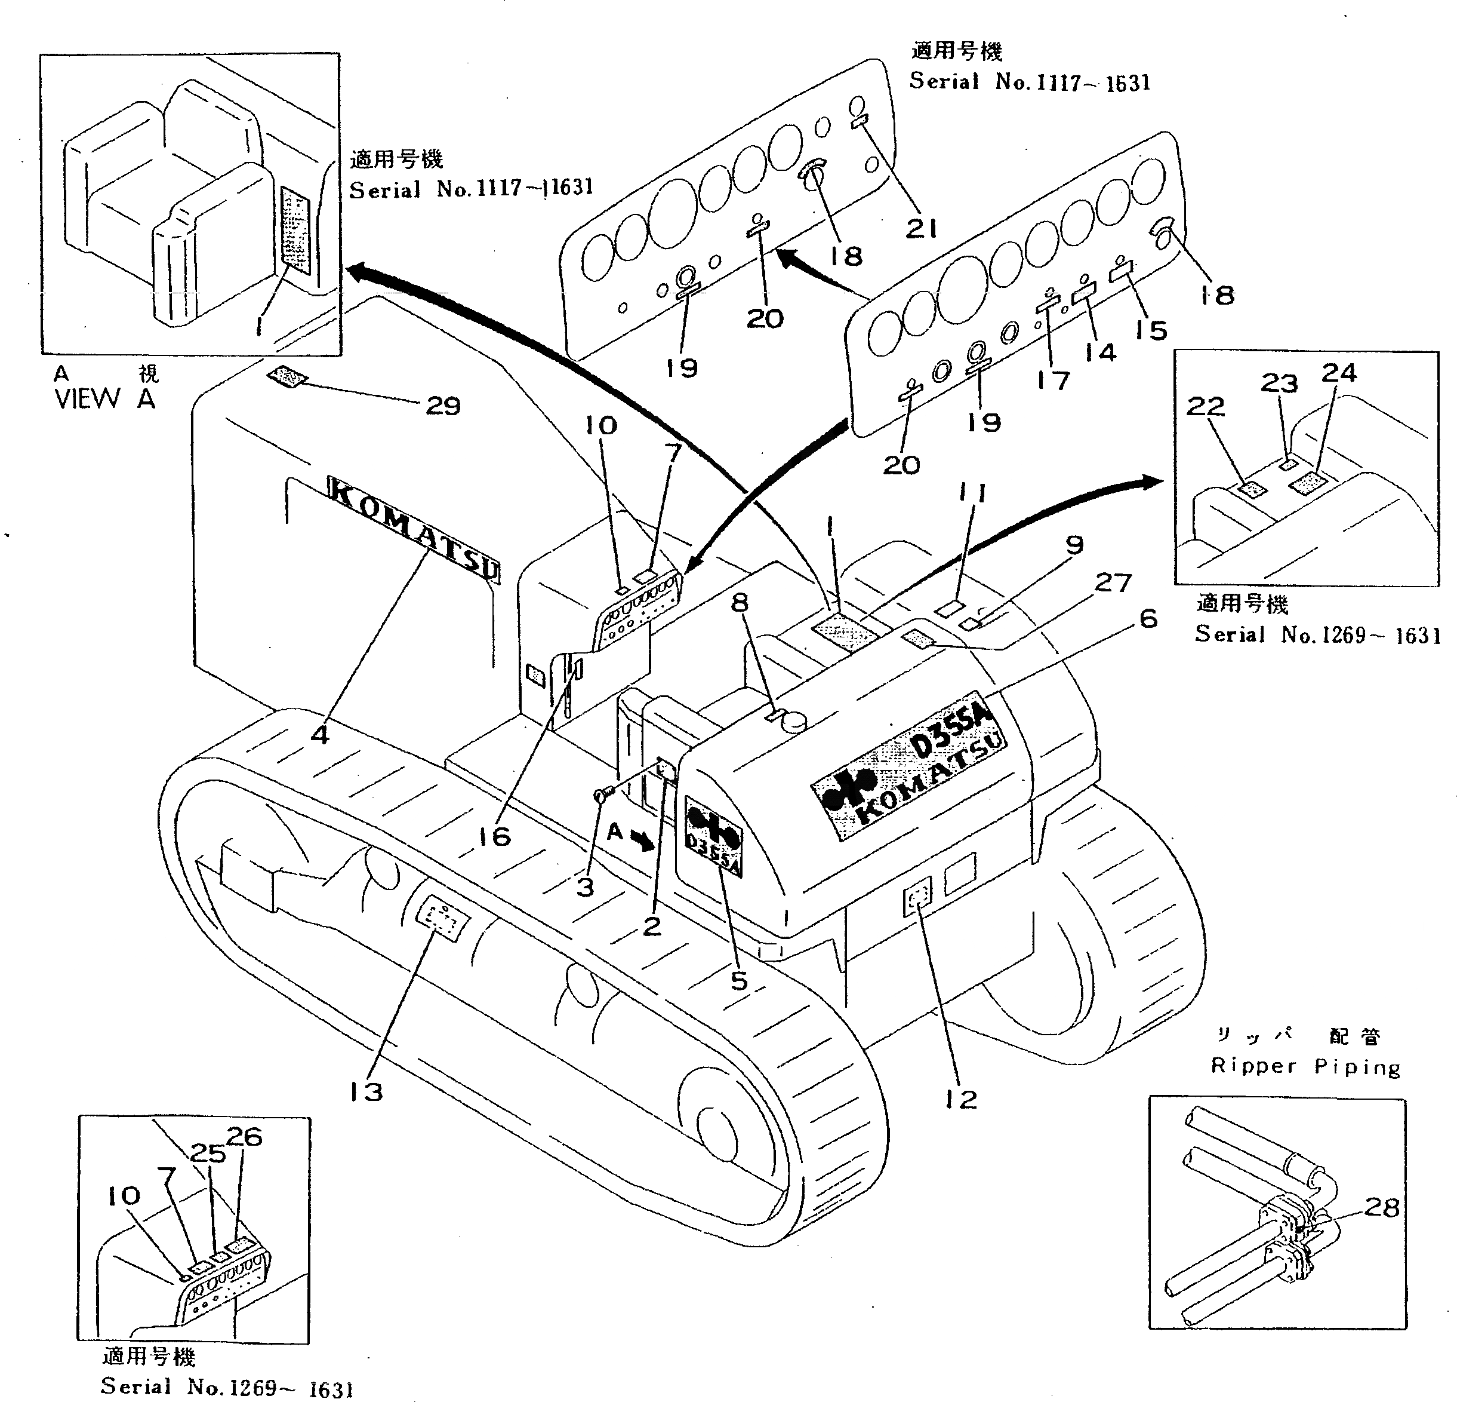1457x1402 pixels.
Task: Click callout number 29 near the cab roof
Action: (443, 406)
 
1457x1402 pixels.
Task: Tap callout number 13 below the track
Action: (366, 1092)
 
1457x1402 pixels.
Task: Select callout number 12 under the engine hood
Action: (960, 1099)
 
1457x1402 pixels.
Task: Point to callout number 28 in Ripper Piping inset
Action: (1382, 1208)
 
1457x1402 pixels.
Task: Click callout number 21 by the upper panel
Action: (921, 228)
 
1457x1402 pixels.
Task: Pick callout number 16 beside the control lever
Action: (494, 837)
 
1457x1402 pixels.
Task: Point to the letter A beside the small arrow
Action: (615, 832)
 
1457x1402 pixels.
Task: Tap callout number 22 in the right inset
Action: (1205, 406)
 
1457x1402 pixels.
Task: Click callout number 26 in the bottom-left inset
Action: (244, 1137)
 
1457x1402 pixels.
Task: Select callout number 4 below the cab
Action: (320, 735)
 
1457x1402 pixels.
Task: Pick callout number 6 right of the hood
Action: (1148, 618)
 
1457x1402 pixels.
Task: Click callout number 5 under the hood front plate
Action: (738, 980)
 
